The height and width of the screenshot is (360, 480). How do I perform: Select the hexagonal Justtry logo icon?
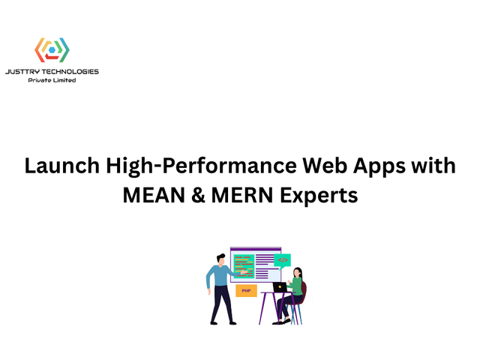52,49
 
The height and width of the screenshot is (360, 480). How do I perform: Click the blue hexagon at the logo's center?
52,50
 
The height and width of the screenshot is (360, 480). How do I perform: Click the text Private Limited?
52,80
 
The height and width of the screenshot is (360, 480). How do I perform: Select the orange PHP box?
246,290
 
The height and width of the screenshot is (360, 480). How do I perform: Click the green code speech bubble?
282,260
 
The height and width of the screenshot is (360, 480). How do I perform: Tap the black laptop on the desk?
280,287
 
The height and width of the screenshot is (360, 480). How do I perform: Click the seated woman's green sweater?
298,286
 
